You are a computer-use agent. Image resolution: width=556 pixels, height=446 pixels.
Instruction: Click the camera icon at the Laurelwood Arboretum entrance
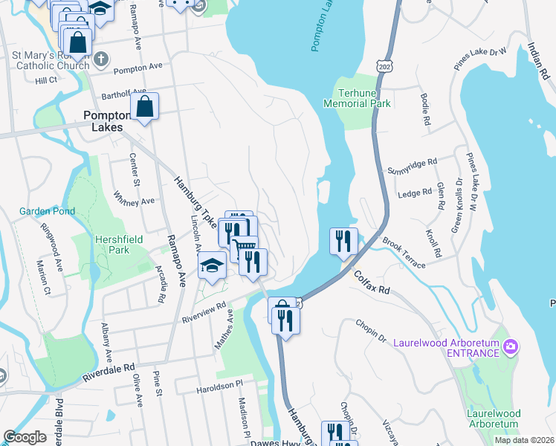pos(510,346)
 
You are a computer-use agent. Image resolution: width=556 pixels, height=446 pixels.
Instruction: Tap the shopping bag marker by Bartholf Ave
pos(144,106)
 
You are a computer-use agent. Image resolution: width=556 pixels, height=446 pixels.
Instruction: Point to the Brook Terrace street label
pos(404,253)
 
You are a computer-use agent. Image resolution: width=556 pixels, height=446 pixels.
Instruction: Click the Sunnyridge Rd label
pos(412,167)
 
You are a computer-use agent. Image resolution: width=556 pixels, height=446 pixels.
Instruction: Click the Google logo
pos(25,437)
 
